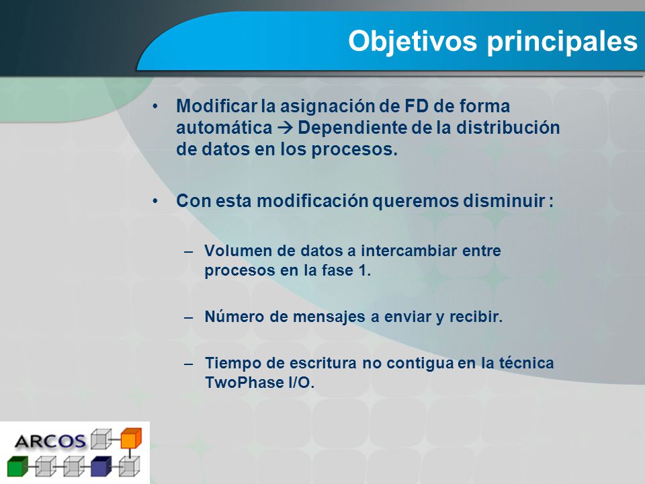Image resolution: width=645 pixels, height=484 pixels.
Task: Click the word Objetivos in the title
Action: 413,41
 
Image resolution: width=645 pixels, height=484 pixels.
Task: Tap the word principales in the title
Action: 562,42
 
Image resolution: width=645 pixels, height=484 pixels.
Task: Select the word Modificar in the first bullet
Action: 216,106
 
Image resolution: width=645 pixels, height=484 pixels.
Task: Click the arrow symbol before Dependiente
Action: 285,128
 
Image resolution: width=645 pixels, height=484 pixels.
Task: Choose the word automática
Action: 224,128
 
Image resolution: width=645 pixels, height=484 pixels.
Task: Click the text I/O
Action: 301,382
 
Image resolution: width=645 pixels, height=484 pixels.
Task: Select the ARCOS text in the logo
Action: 50,442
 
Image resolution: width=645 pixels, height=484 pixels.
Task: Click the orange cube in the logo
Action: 131,438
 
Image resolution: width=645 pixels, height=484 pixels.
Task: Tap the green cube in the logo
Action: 17,466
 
